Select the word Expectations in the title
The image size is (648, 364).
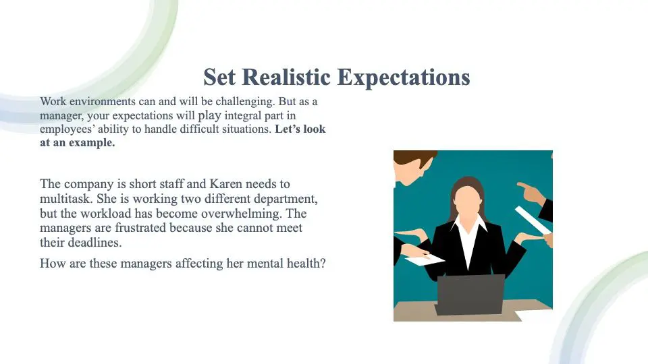tap(404, 77)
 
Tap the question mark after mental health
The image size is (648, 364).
tap(323, 263)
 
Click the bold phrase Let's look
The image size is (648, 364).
tap(300, 129)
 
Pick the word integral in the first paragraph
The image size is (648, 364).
tap(253, 115)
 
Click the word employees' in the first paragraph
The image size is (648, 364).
tap(67, 129)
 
